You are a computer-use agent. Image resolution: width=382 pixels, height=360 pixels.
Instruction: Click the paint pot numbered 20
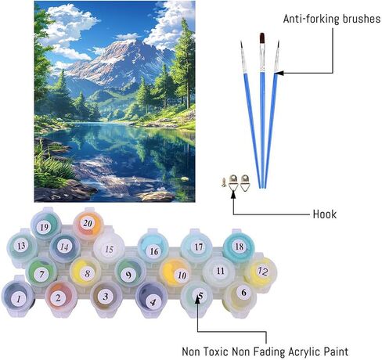(88, 224)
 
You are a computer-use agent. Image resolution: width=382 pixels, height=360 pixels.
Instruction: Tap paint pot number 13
(22, 247)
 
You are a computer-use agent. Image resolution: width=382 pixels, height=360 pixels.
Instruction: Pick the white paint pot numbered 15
(109, 248)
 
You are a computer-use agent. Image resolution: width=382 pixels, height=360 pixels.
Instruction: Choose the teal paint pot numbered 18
(239, 247)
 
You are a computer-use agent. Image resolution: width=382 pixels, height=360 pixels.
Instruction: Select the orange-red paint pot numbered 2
(61, 297)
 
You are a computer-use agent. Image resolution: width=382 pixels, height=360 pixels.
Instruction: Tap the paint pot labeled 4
(151, 299)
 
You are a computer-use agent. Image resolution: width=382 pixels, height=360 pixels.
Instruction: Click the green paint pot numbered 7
(42, 272)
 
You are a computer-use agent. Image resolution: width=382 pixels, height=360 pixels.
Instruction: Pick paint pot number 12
(261, 272)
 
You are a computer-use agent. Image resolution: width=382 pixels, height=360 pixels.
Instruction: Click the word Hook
(325, 214)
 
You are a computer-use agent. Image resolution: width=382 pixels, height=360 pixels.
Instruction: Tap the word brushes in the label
(362, 19)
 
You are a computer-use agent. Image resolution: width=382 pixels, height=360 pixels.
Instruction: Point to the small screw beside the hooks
(223, 182)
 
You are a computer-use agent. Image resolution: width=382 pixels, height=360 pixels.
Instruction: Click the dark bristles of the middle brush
(262, 38)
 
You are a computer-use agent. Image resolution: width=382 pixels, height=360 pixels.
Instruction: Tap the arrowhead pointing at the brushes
(279, 73)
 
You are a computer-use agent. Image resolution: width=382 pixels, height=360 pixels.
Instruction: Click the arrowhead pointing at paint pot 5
(197, 299)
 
